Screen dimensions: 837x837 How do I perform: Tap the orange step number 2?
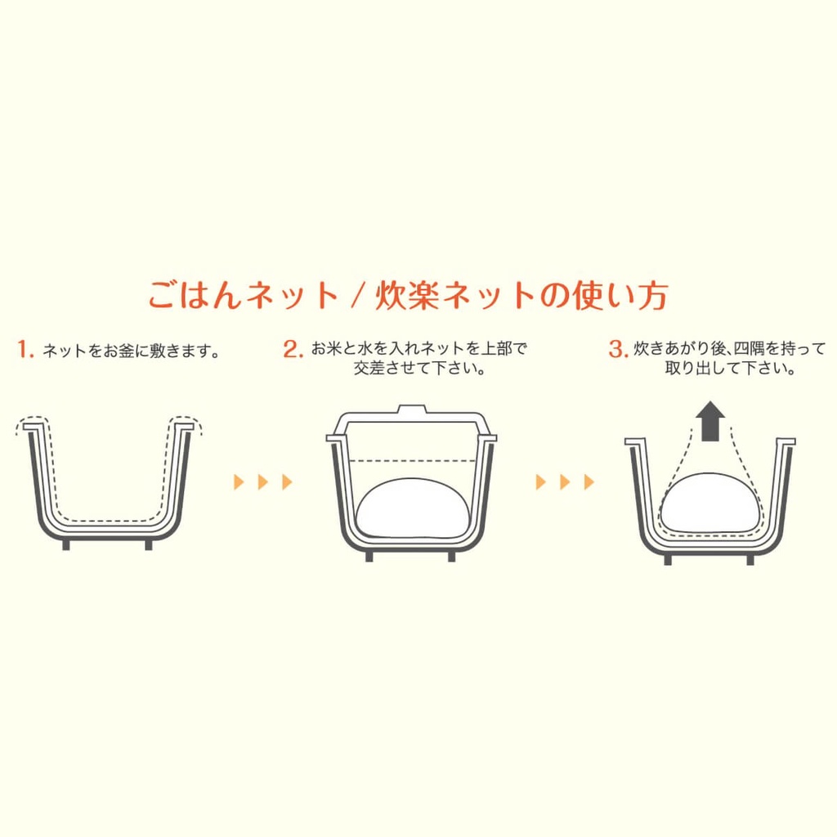click(293, 349)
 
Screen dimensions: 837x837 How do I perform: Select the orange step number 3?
click(619, 349)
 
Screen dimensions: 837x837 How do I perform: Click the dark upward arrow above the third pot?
click(710, 421)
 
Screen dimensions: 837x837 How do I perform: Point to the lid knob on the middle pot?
click(412, 410)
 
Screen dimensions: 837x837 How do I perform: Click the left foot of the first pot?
click(66, 544)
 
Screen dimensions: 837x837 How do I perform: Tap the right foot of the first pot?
click(149, 544)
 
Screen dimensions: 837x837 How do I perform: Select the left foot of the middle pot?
click(369, 556)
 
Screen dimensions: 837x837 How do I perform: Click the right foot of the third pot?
click(750, 559)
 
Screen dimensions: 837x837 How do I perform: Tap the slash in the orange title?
click(358, 295)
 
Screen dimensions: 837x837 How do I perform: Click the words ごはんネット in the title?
click(243, 295)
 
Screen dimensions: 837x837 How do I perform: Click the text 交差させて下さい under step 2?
click(419, 369)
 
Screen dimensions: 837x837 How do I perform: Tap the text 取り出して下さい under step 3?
click(730, 369)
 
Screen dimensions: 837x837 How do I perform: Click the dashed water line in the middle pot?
click(412, 460)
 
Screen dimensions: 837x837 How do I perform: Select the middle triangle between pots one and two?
click(262, 482)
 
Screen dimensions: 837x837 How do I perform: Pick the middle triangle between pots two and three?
click(565, 482)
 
